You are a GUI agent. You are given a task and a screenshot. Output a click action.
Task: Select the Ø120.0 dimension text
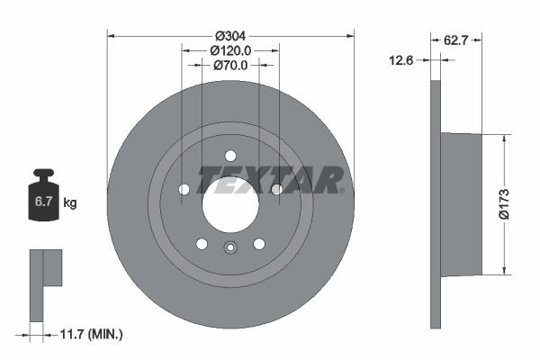pyautogui.click(x=230, y=51)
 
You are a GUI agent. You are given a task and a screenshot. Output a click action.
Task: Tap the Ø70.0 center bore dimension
pyautogui.click(x=230, y=65)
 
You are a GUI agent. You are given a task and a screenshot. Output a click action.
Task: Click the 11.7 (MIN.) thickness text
pyautogui.click(x=90, y=334)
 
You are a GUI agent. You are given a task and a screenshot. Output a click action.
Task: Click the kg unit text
pyautogui.click(x=69, y=203)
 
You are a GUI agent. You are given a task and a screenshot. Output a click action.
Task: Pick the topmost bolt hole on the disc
pyautogui.click(x=230, y=155)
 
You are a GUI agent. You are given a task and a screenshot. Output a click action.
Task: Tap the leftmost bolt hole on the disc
pyautogui.click(x=184, y=189)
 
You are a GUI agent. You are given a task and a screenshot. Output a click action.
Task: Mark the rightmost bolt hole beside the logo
pyautogui.click(x=276, y=189)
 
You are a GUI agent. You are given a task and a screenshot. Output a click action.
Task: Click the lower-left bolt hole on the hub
pyautogui.click(x=202, y=244)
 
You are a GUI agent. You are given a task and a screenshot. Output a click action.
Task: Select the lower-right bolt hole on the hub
pyautogui.click(x=259, y=244)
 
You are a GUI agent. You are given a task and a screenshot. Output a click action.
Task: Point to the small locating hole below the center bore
pyautogui.click(x=230, y=250)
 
